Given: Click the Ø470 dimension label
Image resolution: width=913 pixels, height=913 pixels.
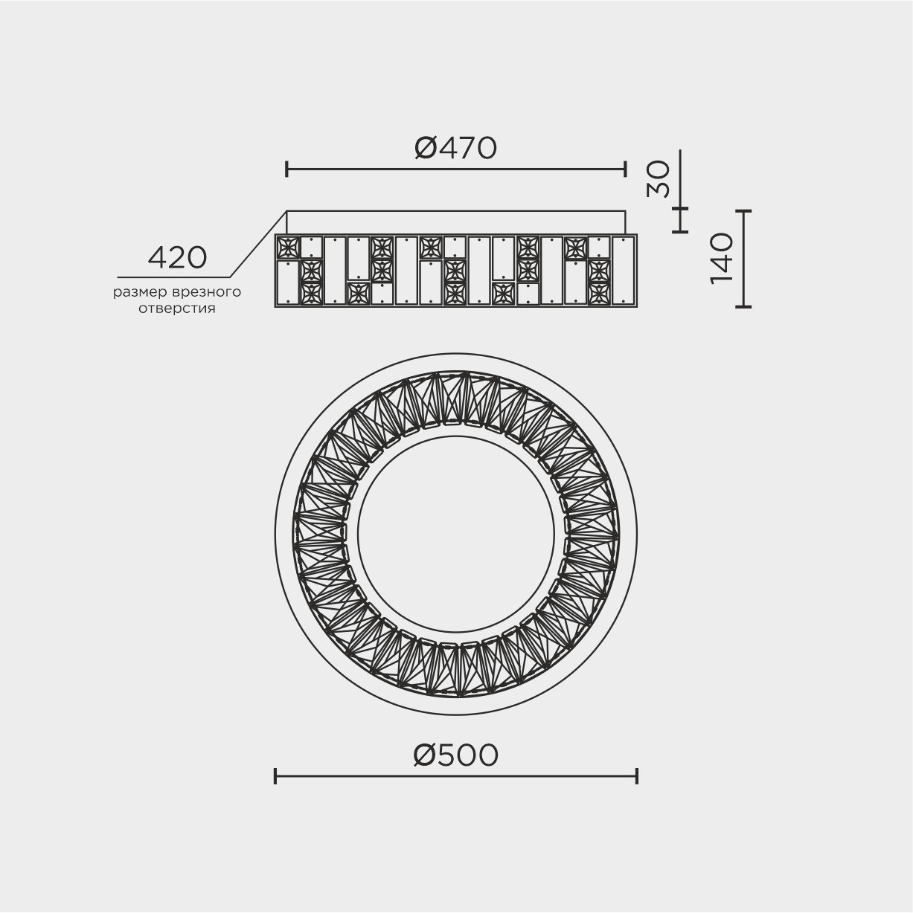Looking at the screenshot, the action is pyautogui.click(x=455, y=148).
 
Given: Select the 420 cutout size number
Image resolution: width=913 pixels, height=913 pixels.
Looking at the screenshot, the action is pyautogui.click(x=177, y=258).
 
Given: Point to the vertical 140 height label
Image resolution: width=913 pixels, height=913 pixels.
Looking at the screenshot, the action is pyautogui.click(x=721, y=258).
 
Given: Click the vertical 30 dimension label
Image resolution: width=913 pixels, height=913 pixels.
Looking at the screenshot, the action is pyautogui.click(x=658, y=179).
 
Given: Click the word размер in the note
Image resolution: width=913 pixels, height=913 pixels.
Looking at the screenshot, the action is pyautogui.click(x=140, y=292).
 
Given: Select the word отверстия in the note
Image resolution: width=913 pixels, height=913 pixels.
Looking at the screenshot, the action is pyautogui.click(x=177, y=309).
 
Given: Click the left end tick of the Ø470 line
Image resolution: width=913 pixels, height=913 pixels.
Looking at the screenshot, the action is pyautogui.click(x=286, y=169).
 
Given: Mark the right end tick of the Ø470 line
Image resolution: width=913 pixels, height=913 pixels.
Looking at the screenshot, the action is pyautogui.click(x=626, y=169).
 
